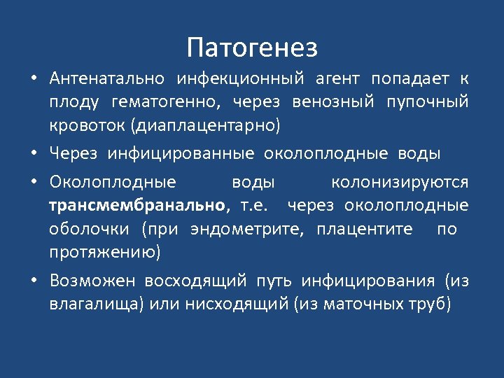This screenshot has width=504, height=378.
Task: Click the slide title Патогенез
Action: [x=252, y=48]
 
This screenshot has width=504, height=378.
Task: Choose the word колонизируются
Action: [x=400, y=182]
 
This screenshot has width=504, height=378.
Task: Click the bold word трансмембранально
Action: [x=138, y=206]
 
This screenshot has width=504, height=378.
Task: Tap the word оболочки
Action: [x=89, y=229]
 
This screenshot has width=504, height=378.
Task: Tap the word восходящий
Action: [x=195, y=281]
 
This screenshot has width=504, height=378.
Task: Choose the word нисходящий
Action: [x=237, y=305]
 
